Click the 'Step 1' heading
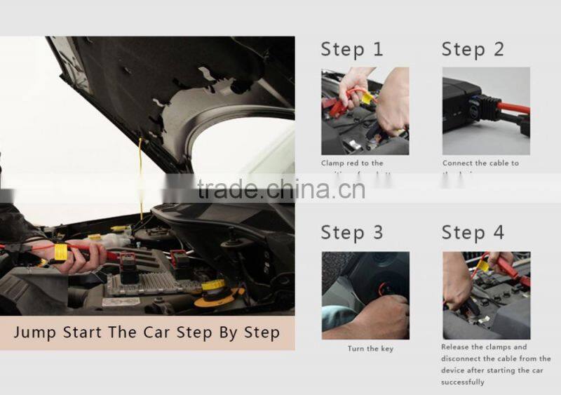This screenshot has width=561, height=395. (352, 49)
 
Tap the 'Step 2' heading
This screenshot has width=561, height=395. (473, 49)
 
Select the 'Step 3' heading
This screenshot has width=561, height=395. (352, 232)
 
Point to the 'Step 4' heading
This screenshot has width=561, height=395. (473, 232)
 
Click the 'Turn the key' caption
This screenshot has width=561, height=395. (370, 349)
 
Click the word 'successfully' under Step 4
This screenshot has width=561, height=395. (462, 382)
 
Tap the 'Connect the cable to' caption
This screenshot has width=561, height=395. (480, 163)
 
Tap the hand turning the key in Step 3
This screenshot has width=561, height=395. (382, 316)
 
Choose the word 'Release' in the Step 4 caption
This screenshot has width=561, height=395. (455, 347)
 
